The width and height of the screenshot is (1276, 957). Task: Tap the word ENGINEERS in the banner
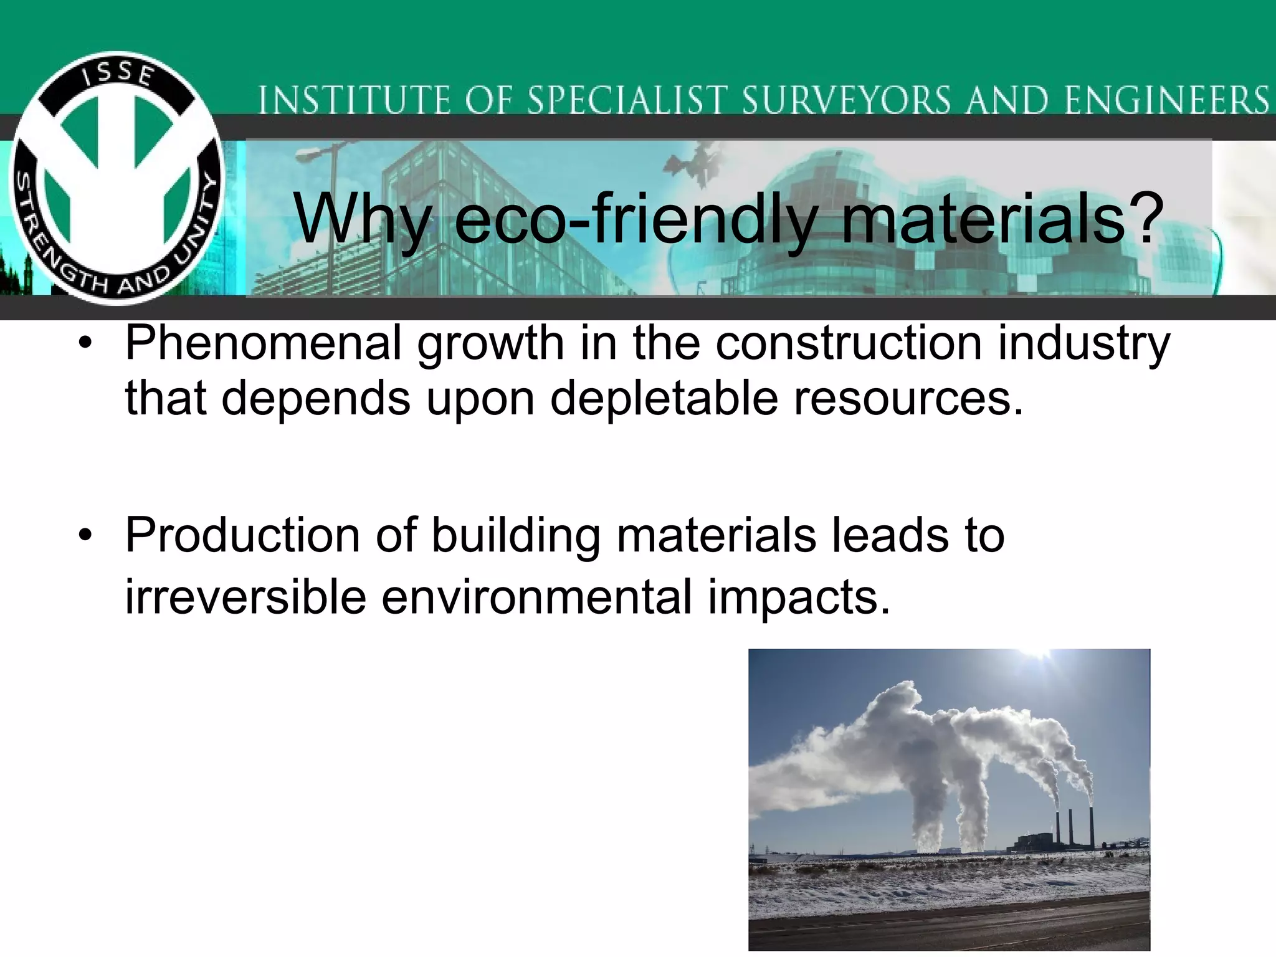(x=1166, y=100)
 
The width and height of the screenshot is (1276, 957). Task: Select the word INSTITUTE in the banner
(x=353, y=100)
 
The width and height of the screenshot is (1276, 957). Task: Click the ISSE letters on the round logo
(x=118, y=74)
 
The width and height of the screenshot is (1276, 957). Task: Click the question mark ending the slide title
(x=1145, y=218)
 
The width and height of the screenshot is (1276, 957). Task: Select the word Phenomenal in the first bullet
(x=264, y=344)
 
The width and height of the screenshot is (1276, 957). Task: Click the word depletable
(x=664, y=399)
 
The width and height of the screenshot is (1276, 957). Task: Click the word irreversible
(x=245, y=597)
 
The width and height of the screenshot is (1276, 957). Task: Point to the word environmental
(x=536, y=597)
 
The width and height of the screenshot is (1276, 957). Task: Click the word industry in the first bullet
(x=1084, y=344)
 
